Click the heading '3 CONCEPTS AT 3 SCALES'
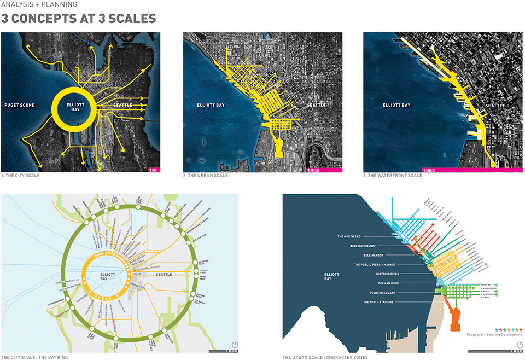pos(79,19)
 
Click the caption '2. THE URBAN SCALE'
pos(206,176)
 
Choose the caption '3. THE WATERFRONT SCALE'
pos(393,176)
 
